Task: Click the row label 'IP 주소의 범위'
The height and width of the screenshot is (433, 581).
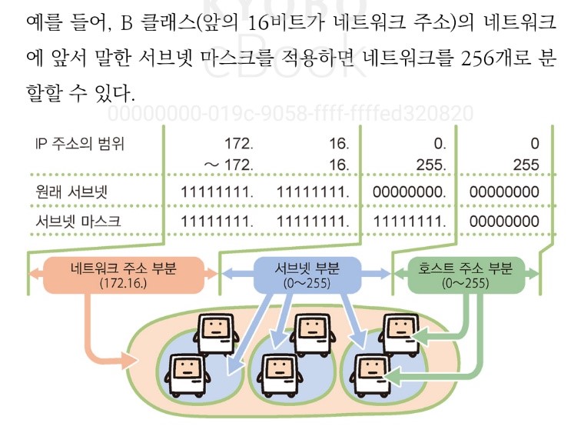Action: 80,143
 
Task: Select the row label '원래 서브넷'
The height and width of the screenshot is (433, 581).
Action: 68,192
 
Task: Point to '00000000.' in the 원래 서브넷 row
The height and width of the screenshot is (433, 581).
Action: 409,192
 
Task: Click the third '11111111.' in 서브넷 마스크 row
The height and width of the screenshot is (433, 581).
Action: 409,221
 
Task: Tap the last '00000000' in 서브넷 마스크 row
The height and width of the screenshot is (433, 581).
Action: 503,221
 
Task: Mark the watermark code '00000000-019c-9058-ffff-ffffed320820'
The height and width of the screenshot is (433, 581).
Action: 290,115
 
